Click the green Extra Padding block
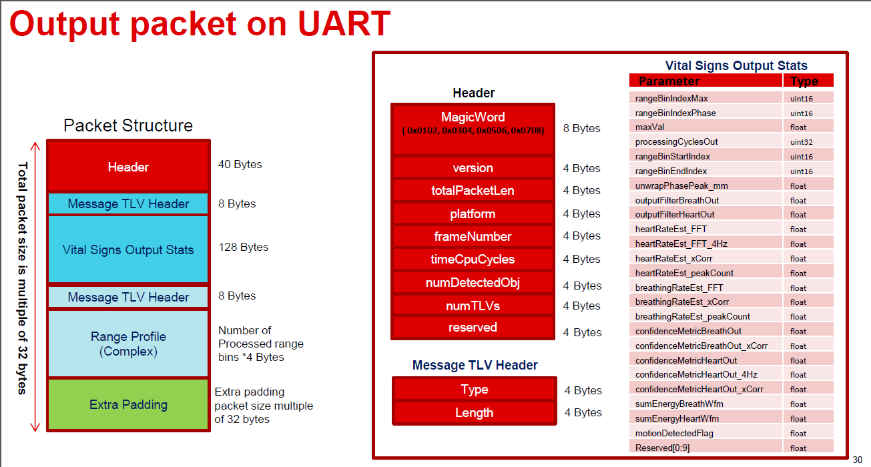(128, 404)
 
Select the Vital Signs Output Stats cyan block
(128, 250)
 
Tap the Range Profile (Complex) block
(128, 344)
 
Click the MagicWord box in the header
(473, 130)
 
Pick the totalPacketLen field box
(473, 190)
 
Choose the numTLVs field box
(473, 306)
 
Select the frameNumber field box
(473, 236)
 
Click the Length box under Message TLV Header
(475, 412)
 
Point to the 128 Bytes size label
(244, 247)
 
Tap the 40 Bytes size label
(240, 164)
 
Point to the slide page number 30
(858, 460)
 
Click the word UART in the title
(344, 23)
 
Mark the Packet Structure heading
(128, 125)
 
